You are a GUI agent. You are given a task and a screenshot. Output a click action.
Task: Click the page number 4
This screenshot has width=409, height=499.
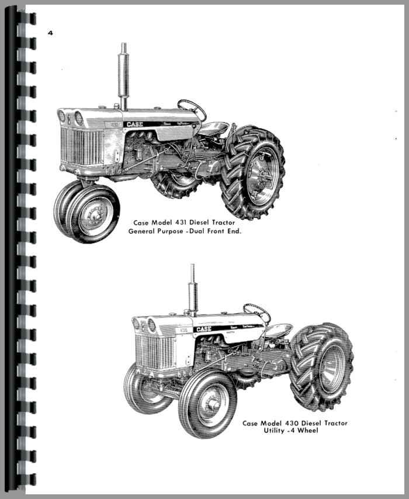tap(51, 33)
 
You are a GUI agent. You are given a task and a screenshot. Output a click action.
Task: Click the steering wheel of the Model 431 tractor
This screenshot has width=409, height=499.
tap(192, 108)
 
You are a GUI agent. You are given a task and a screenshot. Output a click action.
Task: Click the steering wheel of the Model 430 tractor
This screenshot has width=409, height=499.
tap(257, 313)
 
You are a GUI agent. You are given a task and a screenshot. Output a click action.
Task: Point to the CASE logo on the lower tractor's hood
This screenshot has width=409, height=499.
tap(203, 329)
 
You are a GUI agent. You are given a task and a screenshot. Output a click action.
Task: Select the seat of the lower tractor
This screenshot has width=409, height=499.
tap(279, 330)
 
